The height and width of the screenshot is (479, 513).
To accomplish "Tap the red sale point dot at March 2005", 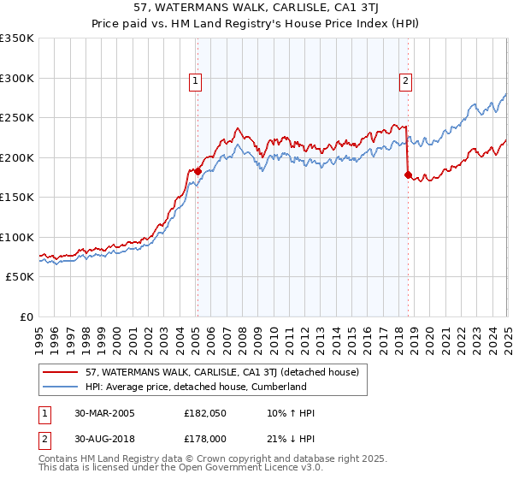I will pyautogui.click(x=198, y=171).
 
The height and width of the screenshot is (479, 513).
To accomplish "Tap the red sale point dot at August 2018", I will pyautogui.click(x=408, y=174).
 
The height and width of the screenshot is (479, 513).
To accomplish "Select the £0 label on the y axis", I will pyautogui.click(x=26, y=316).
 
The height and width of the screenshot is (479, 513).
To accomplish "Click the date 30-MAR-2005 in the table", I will pyautogui.click(x=104, y=413).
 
